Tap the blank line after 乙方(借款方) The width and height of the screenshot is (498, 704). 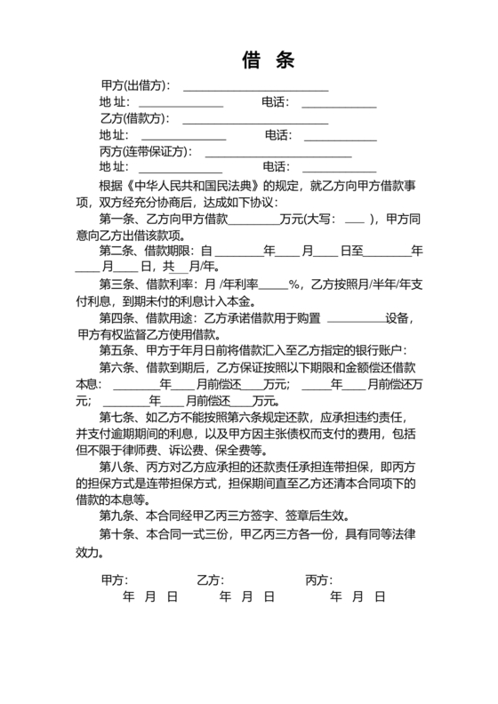click(255, 119)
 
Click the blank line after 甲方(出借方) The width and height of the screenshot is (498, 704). click(255, 87)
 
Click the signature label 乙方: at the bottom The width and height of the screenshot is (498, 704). click(211, 580)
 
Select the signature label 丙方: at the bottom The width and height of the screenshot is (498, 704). click(319, 580)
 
